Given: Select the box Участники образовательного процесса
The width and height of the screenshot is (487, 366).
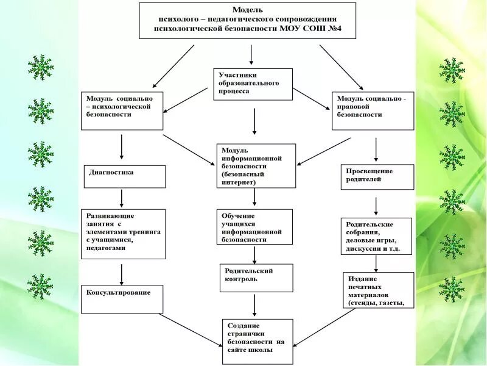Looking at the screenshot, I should coord(253,84).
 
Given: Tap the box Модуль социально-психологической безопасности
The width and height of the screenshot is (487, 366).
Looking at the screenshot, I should coord(122,110).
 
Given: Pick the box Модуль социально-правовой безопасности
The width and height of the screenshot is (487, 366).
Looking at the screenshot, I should coord(373,110).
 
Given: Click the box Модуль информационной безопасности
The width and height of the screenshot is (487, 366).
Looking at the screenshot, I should coord(256,165).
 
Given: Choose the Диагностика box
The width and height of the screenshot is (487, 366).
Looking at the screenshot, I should coord(124,176).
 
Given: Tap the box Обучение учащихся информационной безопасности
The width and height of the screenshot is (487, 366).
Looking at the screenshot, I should coord(254,227).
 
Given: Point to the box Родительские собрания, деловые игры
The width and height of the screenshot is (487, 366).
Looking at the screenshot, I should coord(376,236).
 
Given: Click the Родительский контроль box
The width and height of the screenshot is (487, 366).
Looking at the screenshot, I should coord(256,278).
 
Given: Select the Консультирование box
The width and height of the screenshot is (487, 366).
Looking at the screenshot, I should coord(122,299).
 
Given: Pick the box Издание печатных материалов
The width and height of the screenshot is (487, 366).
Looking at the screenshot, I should coord(378,290).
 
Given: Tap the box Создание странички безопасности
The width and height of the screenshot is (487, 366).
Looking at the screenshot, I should coord(258,341).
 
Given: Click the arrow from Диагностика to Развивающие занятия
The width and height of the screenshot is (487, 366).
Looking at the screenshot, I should coord(122,198).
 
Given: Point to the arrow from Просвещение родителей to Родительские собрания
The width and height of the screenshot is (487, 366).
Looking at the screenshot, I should coord(376,204).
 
